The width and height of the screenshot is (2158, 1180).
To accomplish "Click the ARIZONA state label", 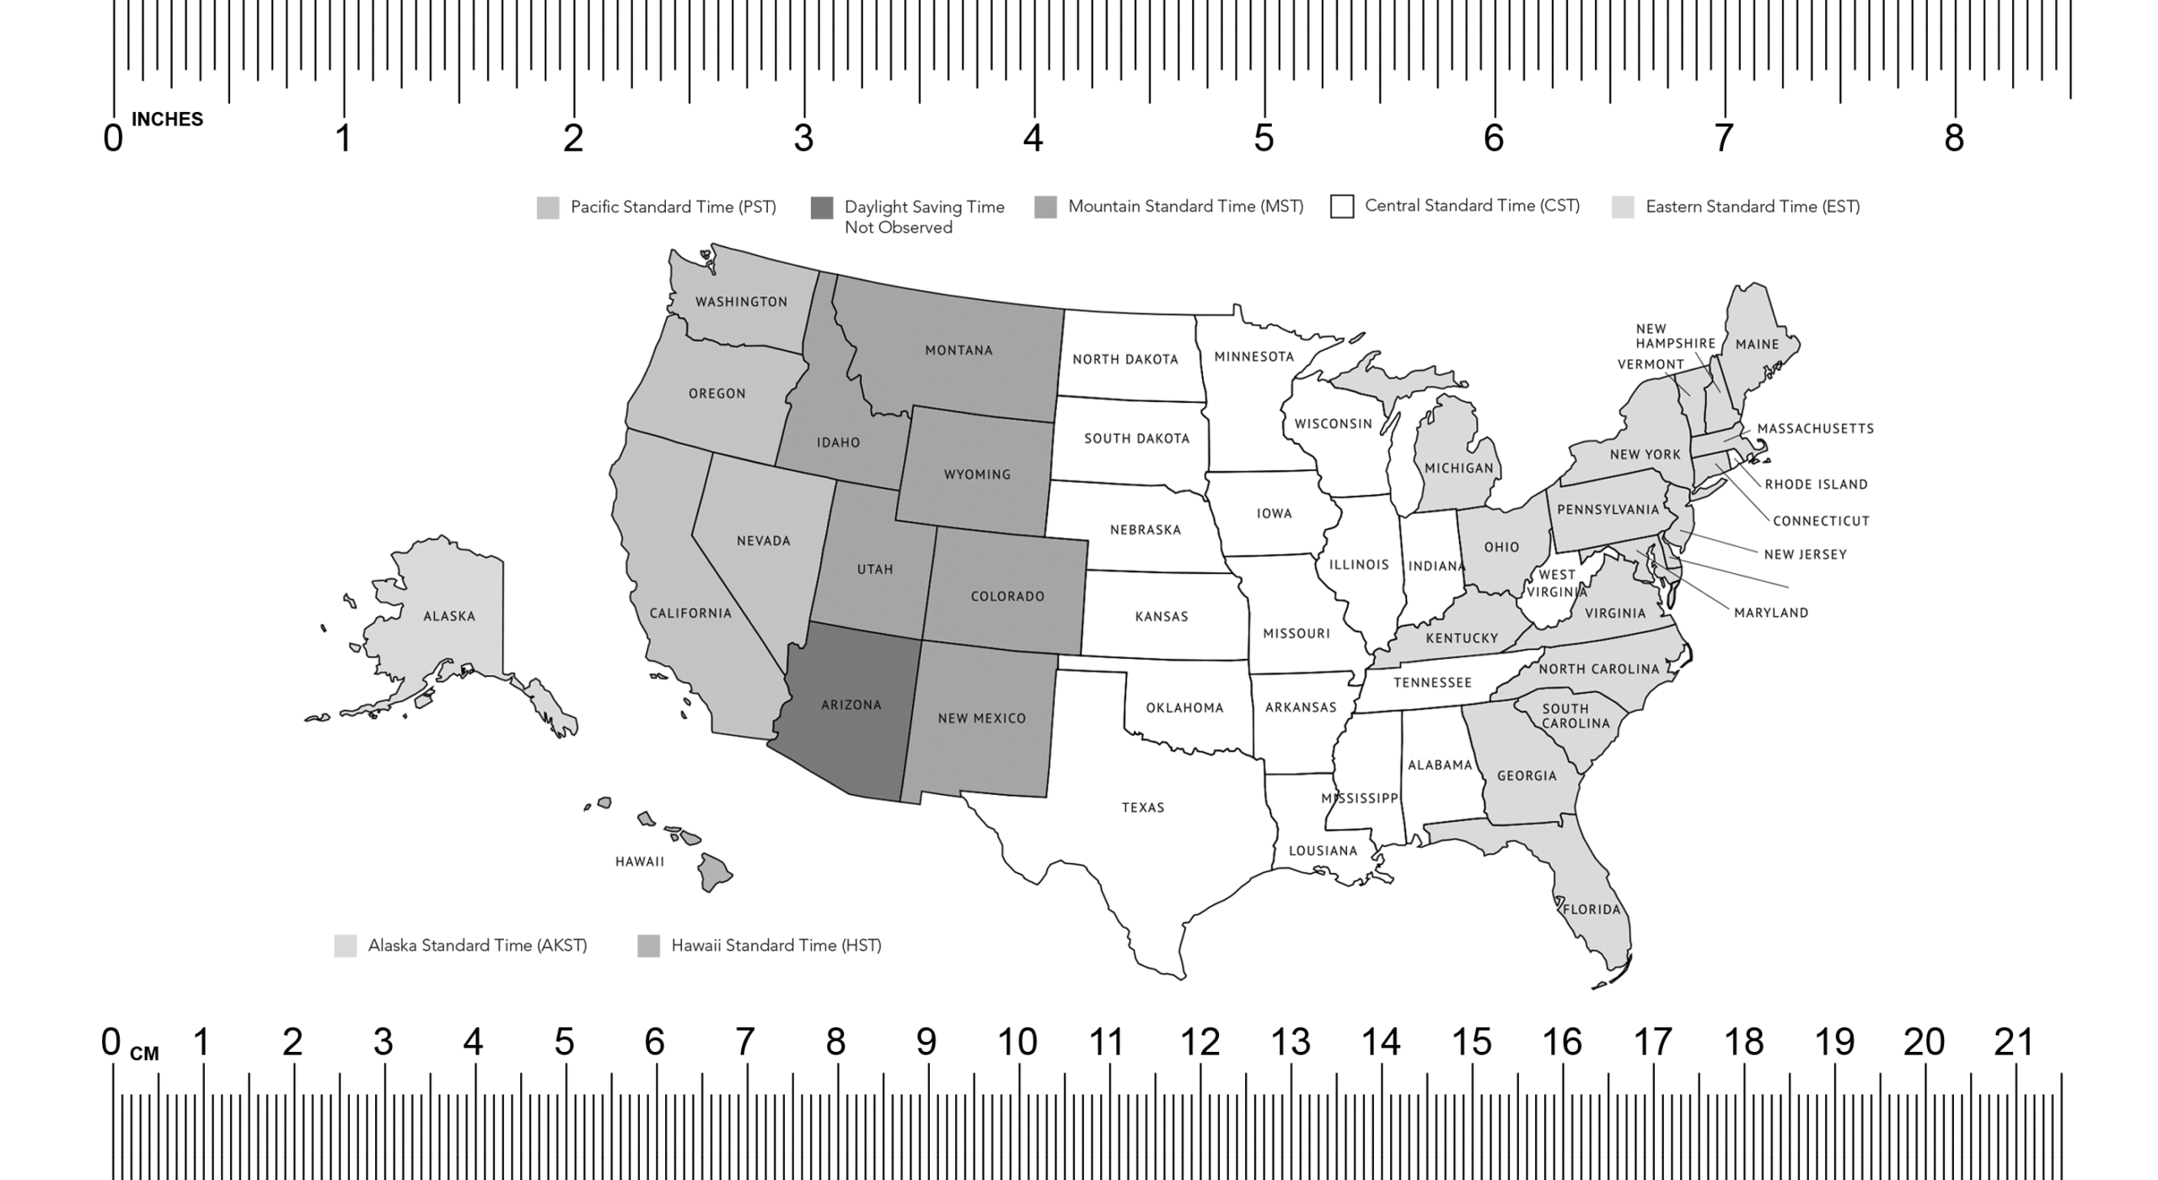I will tap(851, 705).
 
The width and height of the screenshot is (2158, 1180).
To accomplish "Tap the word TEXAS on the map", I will tap(1143, 807).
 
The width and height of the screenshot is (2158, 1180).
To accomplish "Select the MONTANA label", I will tap(958, 351).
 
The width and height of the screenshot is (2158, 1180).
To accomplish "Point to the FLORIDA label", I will tap(1592, 909).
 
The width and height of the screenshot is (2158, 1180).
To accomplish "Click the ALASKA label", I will tap(449, 616).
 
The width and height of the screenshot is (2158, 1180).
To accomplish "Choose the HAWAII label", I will tap(640, 861).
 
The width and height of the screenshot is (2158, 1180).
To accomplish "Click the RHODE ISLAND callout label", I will tap(1816, 485).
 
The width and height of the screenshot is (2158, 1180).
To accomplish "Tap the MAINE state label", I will tap(1757, 344).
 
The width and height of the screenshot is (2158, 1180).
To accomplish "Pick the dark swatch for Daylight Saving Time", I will tap(822, 207).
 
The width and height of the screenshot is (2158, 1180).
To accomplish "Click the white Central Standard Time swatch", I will tap(1342, 206).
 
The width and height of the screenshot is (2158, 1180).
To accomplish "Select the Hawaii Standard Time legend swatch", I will tap(648, 946).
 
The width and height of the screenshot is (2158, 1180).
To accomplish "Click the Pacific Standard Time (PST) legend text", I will tap(673, 207).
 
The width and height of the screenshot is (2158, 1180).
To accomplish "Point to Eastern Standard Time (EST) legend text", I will tap(1753, 207).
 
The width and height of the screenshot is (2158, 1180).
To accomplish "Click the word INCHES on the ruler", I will tap(167, 120).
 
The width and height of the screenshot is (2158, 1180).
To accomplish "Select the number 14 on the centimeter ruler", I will tap(1381, 1043).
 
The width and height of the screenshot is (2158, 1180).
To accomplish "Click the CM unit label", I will tap(144, 1054).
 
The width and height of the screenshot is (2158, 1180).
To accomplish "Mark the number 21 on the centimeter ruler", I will tap(2014, 1043).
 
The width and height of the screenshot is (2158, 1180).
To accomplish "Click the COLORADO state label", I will tap(1007, 597).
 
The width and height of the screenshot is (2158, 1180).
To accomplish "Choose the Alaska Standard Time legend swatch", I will tap(346, 946).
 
